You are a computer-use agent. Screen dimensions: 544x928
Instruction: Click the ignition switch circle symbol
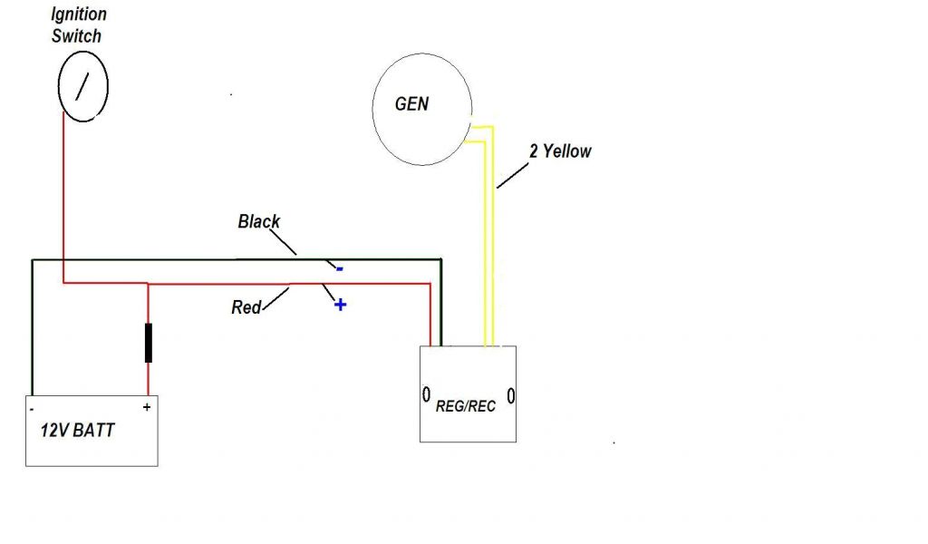(x=82, y=86)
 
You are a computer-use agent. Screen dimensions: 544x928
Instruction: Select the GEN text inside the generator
(x=411, y=104)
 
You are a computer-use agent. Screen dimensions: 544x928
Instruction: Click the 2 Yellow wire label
(x=560, y=151)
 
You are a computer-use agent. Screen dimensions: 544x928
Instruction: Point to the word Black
(x=259, y=221)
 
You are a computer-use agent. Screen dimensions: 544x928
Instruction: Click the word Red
(x=246, y=307)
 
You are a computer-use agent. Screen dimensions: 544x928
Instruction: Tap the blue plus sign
(x=340, y=305)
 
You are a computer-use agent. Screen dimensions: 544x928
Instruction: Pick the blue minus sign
(x=339, y=268)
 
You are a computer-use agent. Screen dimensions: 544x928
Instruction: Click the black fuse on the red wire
(x=148, y=344)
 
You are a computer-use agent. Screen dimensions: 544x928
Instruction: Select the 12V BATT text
(x=78, y=430)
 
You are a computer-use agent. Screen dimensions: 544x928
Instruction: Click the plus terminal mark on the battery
(x=146, y=408)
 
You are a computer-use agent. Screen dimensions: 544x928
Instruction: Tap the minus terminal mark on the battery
(x=33, y=410)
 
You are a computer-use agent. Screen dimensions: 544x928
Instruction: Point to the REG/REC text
(x=466, y=406)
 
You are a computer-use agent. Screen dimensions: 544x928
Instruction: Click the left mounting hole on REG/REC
(x=426, y=395)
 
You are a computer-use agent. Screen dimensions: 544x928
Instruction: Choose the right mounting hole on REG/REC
(x=510, y=395)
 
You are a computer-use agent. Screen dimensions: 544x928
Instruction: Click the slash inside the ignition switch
(x=82, y=86)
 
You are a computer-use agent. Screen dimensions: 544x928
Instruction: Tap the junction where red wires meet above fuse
(x=148, y=284)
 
